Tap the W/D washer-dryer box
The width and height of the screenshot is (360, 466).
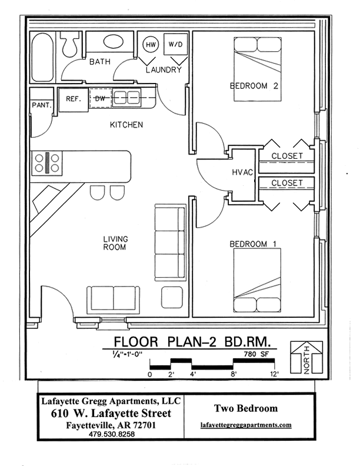[x=175, y=45]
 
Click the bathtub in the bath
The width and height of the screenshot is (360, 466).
[x=43, y=56]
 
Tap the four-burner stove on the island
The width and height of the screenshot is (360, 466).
[x=48, y=162]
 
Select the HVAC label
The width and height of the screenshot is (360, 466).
[x=243, y=172]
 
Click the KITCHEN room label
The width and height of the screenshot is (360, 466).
[x=126, y=125]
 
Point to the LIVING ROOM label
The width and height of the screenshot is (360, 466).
[x=116, y=243]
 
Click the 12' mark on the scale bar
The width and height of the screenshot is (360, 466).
[x=274, y=374]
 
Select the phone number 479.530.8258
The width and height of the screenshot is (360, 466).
[x=112, y=434]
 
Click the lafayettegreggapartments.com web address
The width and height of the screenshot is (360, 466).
[x=245, y=424]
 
